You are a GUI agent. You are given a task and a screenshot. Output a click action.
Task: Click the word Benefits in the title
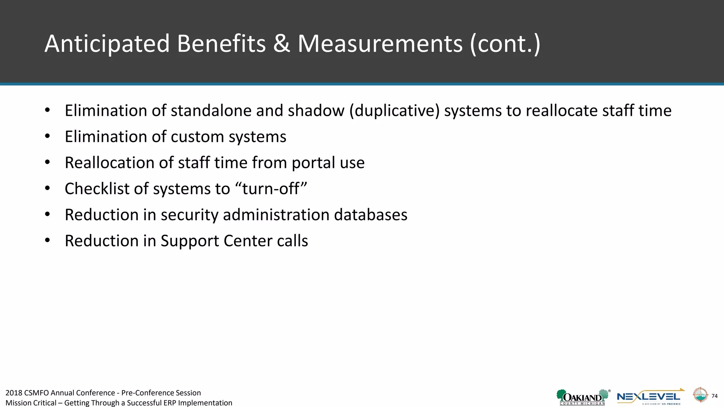221,44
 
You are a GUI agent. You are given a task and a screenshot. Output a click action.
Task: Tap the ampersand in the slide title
281,44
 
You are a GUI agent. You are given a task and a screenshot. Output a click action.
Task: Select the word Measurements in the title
380,44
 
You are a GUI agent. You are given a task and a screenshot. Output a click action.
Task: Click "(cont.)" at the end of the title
505,44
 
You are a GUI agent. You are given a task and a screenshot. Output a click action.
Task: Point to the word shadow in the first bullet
316,111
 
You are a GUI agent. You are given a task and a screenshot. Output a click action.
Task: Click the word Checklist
97,189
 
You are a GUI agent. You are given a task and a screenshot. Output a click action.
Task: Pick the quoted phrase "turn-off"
274,189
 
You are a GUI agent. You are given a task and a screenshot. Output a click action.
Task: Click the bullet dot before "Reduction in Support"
47,241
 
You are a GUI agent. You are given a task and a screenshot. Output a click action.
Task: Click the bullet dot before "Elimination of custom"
47,136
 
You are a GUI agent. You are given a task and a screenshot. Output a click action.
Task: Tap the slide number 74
714,396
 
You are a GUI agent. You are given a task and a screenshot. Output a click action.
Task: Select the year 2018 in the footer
14,393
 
